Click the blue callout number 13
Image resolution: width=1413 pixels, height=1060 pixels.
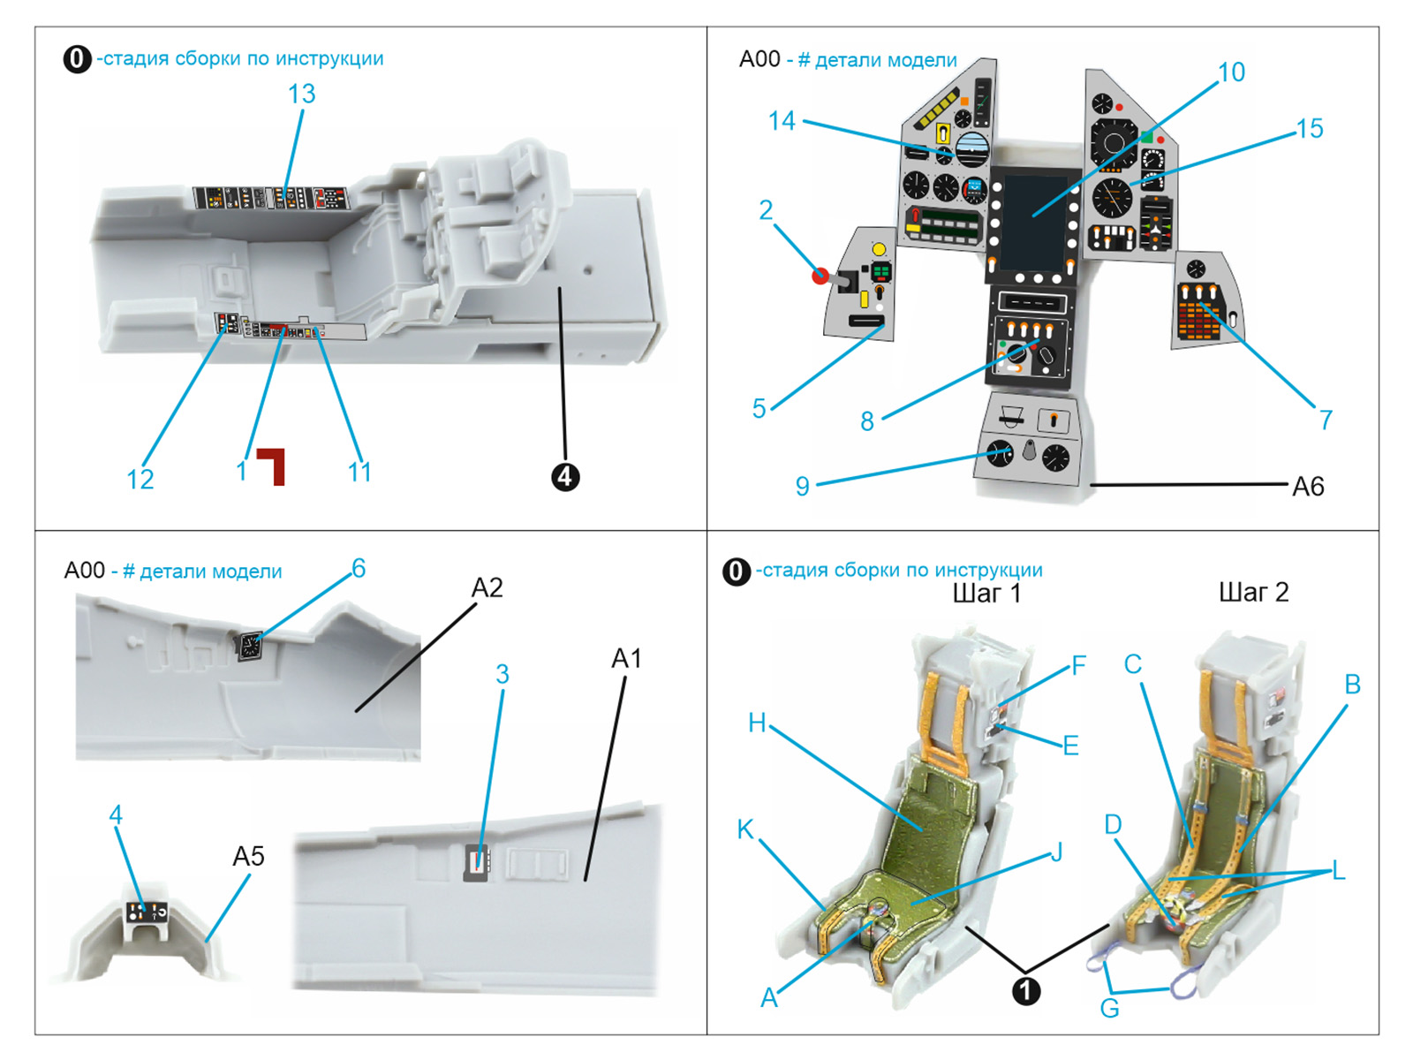coord(301,94)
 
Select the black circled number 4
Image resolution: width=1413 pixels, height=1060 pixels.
coord(565,477)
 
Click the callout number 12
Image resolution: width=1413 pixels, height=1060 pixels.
coord(140,479)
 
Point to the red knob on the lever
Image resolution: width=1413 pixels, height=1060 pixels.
coord(820,276)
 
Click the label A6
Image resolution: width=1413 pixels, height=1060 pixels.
coord(1308,486)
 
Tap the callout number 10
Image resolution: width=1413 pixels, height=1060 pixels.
coord(1231,72)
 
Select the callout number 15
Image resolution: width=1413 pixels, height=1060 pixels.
coord(1309,129)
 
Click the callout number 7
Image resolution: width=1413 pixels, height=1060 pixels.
coord(1326,419)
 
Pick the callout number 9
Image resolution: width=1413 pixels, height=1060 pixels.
coord(802,486)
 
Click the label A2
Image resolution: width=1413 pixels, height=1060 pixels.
coord(487,587)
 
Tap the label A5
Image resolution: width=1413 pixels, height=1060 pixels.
coord(248,856)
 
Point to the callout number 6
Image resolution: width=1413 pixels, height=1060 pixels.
coord(359,568)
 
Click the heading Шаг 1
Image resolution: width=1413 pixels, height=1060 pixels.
coord(986,593)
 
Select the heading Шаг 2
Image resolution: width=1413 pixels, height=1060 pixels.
coord(1253,592)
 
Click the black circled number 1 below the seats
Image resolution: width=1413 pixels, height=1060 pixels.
coord(1025,990)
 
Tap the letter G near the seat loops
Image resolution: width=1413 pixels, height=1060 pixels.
coord(1109,1008)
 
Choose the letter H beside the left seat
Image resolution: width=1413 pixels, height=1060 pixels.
coord(757,723)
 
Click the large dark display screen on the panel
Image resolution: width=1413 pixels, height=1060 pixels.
coord(1034,221)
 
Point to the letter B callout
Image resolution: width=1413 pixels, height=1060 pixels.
coord(1352,684)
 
